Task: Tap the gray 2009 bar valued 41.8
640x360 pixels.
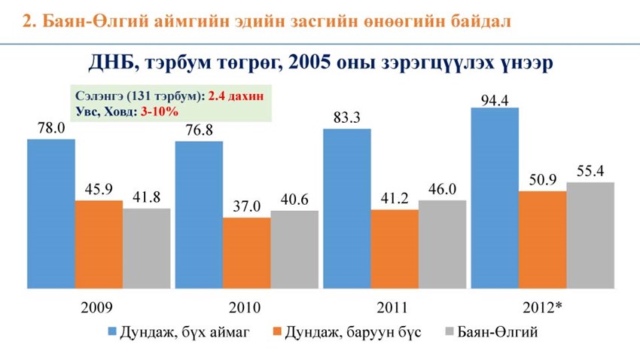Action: tap(146, 248)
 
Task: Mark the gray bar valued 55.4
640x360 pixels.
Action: tap(590, 234)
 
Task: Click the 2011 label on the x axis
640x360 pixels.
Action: tap(391, 307)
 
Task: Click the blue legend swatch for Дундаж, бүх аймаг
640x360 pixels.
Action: tap(112, 332)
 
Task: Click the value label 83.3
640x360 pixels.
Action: tap(346, 117)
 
